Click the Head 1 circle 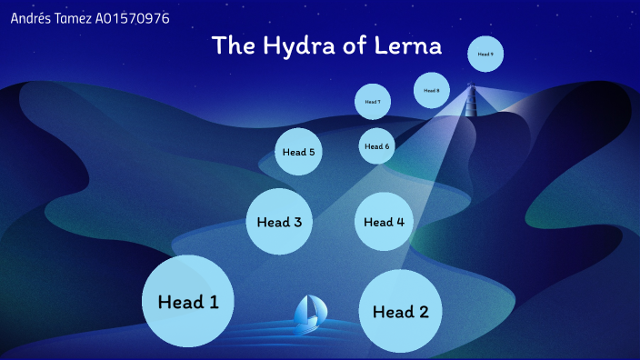[x=188, y=301]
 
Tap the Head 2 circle [x=400, y=312]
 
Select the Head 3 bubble [x=279, y=221]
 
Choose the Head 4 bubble [x=384, y=221]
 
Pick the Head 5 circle [x=298, y=152]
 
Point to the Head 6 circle [x=376, y=146]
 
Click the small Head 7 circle [x=373, y=102]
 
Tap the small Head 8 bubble [x=432, y=90]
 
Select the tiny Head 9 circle [x=486, y=55]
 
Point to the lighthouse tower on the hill [x=471, y=99]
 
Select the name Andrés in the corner [x=29, y=18]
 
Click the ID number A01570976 [x=132, y=18]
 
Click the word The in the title [x=232, y=45]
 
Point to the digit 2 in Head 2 [x=422, y=312]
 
